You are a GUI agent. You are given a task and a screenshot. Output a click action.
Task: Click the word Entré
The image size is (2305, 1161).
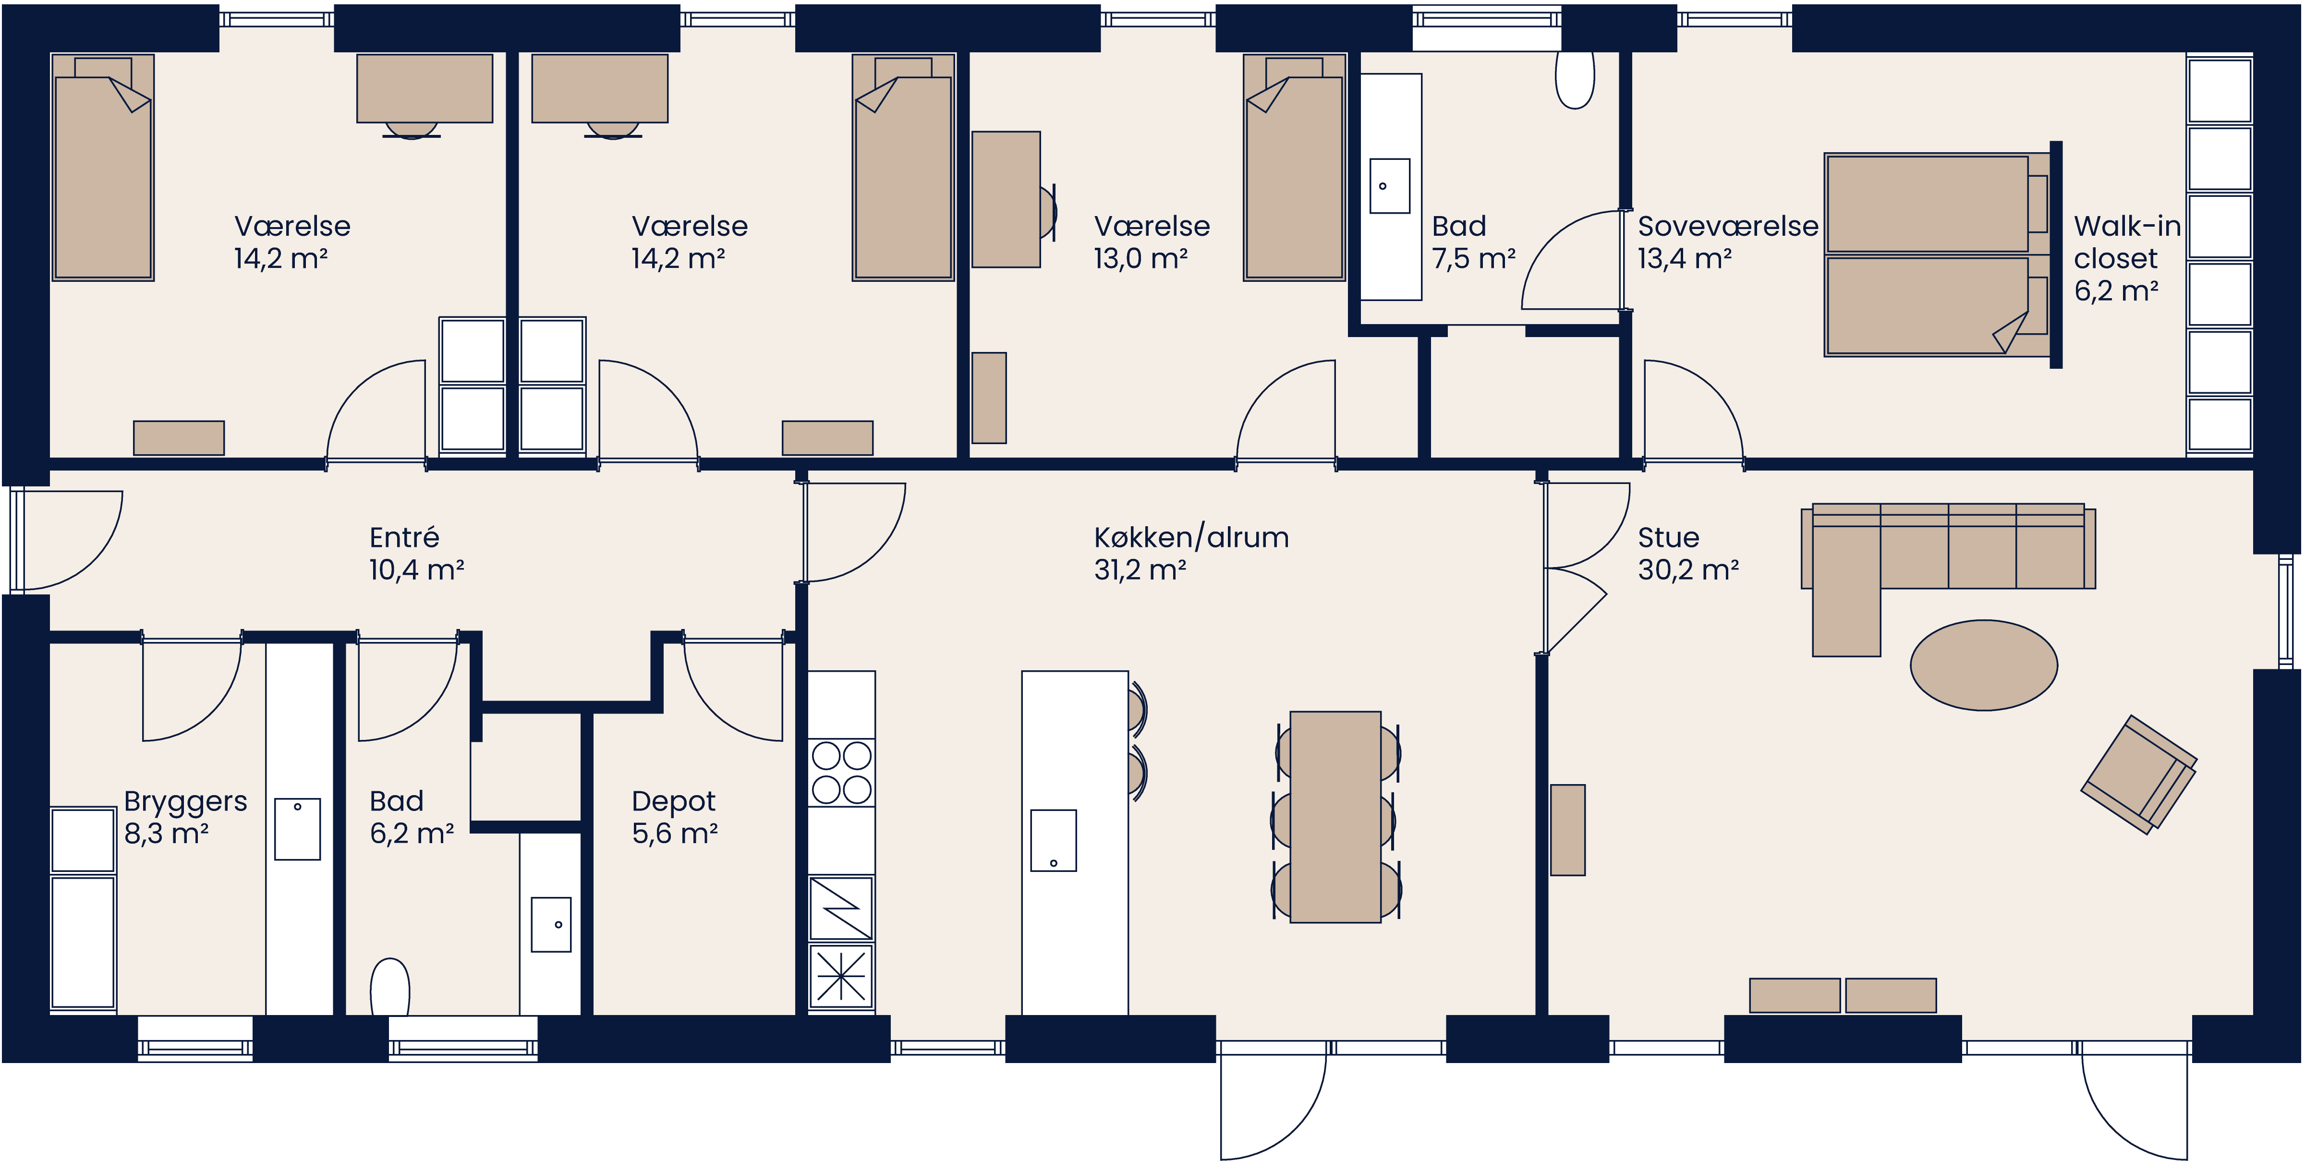(x=403, y=538)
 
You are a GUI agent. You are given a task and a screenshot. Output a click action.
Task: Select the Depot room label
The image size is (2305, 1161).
(x=673, y=801)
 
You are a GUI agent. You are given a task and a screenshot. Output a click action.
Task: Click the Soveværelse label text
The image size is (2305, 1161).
(x=1727, y=226)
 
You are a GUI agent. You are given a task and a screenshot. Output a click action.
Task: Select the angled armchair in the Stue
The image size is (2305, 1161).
(x=2138, y=774)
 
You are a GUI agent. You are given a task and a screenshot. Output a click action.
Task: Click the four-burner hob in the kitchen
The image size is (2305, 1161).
(x=841, y=772)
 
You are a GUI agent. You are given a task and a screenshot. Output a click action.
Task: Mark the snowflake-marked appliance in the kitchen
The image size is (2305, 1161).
(x=841, y=976)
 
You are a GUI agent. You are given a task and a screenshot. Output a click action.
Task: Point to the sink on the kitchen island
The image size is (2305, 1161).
(x=1053, y=840)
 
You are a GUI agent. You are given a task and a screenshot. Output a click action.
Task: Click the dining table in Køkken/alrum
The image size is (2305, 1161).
(x=1335, y=817)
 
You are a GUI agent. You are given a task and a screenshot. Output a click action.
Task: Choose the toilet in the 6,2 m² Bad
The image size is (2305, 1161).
(x=389, y=988)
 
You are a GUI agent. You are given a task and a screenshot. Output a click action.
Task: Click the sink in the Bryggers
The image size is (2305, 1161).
(x=297, y=829)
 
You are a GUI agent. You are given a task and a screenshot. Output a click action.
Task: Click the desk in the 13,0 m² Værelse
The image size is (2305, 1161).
(x=1006, y=199)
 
